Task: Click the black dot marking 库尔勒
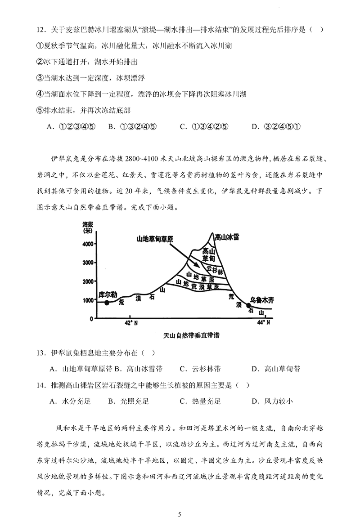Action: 107,303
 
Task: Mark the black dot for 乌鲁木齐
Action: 249,306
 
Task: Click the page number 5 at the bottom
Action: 180,514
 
